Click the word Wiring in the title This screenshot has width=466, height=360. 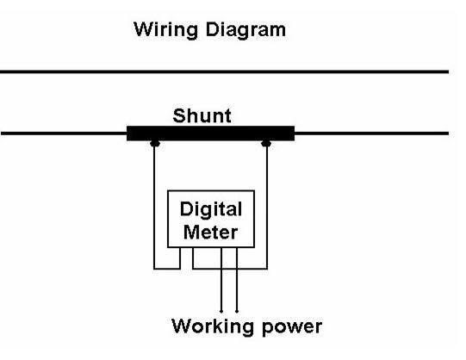click(x=166, y=30)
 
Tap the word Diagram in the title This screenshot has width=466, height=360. click(x=245, y=30)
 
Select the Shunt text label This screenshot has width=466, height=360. click(x=202, y=115)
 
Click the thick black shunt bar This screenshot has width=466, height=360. click(x=210, y=133)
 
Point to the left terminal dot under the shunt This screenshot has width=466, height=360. click(x=155, y=144)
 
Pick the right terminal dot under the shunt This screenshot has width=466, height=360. click(x=266, y=144)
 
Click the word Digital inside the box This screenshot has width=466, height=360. click(x=211, y=209)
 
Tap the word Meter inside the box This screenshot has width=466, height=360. click(x=211, y=232)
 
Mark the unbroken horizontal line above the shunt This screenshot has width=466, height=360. click(x=224, y=71)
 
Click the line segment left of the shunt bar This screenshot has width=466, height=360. click(x=64, y=133)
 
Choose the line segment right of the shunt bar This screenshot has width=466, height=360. click(x=371, y=133)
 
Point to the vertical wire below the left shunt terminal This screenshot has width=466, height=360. click(x=154, y=208)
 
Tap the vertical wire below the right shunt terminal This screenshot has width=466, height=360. click(x=267, y=208)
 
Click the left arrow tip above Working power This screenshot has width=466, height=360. click(x=221, y=312)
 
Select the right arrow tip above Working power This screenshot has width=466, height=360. click(x=237, y=312)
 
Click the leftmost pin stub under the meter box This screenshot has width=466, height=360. click(x=180, y=258)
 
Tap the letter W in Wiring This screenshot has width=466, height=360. click(x=145, y=29)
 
